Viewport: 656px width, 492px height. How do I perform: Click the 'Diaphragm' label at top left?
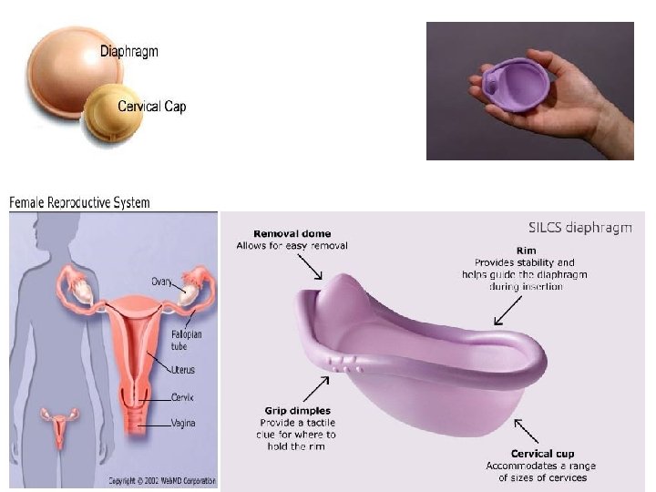[x=128, y=51]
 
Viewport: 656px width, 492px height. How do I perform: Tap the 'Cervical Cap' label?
[x=151, y=107]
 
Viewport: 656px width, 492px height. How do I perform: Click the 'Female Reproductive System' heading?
[x=79, y=202]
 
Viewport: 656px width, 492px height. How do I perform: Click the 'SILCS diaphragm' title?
[x=580, y=228]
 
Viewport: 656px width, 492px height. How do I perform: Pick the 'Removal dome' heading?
[x=292, y=233]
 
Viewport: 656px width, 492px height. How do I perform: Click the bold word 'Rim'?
[x=525, y=251]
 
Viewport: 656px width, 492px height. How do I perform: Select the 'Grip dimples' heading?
[x=299, y=411]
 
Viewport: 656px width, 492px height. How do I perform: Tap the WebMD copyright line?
[x=162, y=480]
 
